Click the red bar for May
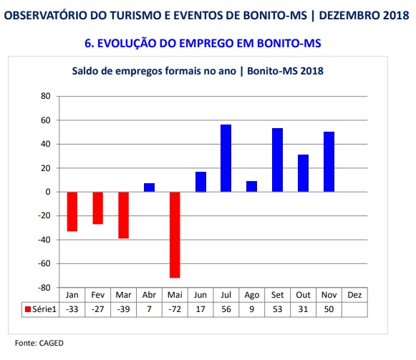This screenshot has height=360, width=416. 175,235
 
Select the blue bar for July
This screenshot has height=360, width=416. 226,158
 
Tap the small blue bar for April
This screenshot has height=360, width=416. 149,188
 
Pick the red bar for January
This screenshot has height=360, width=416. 72,211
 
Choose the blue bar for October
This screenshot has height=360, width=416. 303,173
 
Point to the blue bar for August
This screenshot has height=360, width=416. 251,187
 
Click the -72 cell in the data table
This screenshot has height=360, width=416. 175,309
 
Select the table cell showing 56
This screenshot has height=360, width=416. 226,309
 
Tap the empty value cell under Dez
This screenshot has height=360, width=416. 354,309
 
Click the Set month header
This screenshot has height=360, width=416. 278,295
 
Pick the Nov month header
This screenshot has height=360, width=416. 329,295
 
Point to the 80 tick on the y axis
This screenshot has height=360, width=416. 46,96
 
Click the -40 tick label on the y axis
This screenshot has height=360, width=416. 44,240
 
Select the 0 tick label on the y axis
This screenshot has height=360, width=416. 48,192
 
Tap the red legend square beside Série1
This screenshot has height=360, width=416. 28,309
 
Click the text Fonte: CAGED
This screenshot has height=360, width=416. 39,343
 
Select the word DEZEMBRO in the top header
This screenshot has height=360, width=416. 349,15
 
